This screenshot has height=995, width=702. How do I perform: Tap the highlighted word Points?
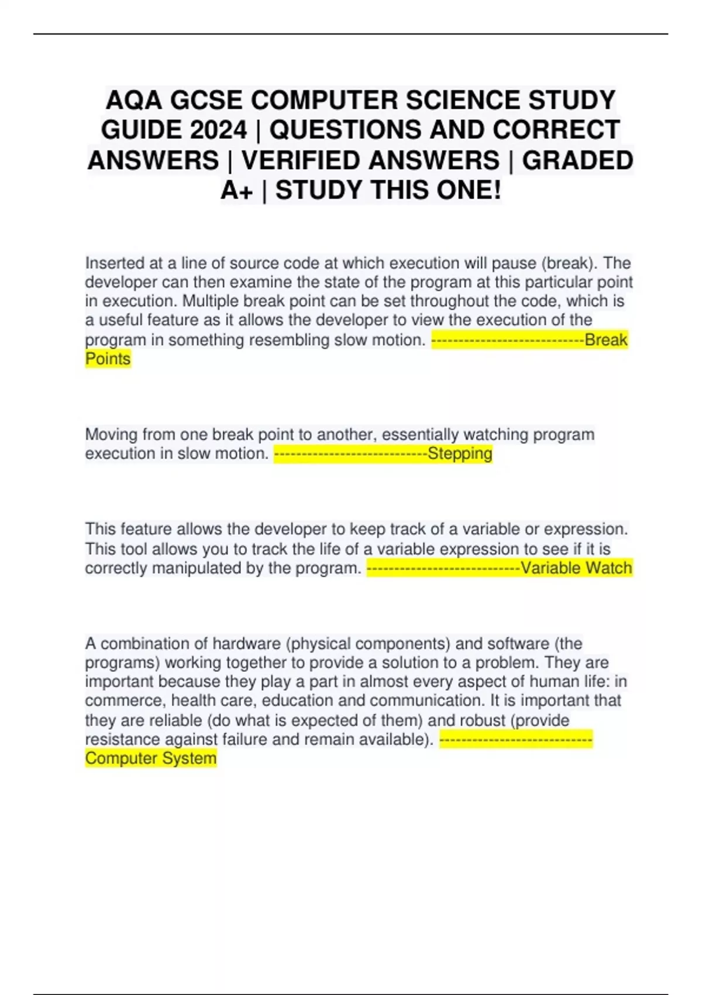click(108, 359)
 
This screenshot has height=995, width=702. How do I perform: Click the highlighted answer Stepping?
click(460, 454)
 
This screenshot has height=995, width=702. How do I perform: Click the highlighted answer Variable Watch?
click(576, 568)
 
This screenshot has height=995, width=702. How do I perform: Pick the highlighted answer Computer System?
click(150, 758)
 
